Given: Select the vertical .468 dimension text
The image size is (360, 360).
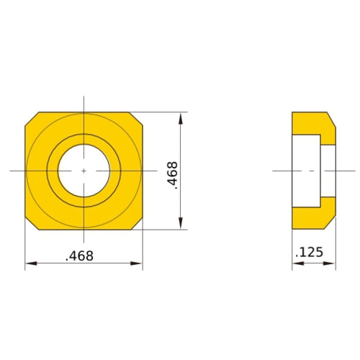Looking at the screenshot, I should pyautogui.click(x=171, y=174).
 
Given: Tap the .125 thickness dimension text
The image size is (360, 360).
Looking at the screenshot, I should pyautogui.click(x=310, y=253).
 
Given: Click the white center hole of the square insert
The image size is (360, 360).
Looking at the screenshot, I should pyautogui.click(x=84, y=171).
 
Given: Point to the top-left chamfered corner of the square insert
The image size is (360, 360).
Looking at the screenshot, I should pyautogui.click(x=32, y=118).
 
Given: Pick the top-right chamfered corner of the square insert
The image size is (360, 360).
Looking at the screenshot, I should pyautogui.click(x=136, y=118).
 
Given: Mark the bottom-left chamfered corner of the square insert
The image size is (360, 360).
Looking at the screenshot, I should pyautogui.click(x=32, y=223).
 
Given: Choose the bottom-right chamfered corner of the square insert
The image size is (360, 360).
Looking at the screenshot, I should pyautogui.click(x=136, y=223).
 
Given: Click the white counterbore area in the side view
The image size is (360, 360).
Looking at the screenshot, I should pyautogui.click(x=306, y=171).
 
